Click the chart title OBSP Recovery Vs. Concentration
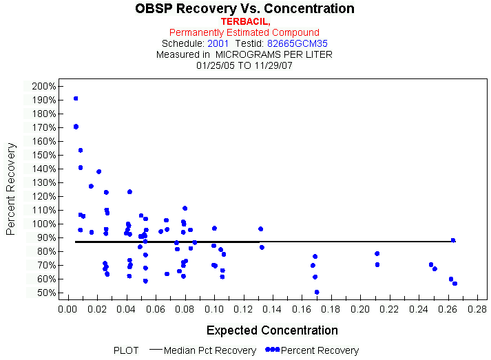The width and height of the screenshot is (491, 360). coord(244,9)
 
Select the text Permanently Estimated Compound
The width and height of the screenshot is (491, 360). coord(244,32)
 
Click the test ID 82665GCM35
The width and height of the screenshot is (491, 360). coord(297,43)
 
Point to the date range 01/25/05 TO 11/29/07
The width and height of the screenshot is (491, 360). coord(244,65)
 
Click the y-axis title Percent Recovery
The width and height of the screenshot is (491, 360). coord(11,189)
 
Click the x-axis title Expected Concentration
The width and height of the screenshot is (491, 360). coord(272,330)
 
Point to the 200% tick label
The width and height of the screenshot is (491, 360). coord(43,86)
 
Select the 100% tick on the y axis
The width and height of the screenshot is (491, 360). coord(43,224)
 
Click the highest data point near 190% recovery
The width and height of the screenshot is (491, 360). coord(76,98)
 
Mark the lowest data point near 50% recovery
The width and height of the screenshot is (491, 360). coord(317,292)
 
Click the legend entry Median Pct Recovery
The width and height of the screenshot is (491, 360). coord(211,350)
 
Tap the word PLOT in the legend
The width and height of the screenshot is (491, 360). coord(126,350)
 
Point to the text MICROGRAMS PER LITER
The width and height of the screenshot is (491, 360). coord(274,54)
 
